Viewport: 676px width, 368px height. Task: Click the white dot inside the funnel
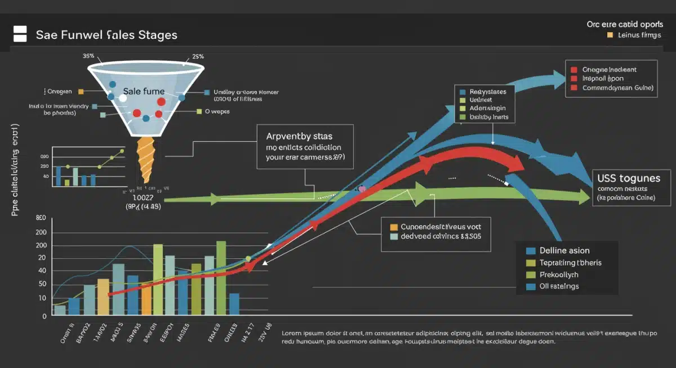[x=123, y=98]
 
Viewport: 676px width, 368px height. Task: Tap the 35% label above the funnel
[x=88, y=56]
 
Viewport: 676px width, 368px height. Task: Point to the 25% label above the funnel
[x=197, y=56]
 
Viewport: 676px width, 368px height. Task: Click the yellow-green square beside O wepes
[x=199, y=112]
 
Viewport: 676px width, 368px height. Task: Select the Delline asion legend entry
[x=564, y=250]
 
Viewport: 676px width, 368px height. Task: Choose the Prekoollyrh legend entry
[x=559, y=275]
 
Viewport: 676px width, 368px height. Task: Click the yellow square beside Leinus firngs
[x=610, y=35]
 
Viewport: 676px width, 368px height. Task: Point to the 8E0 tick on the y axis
[x=41, y=218]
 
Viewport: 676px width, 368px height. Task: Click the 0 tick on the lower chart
[x=44, y=316]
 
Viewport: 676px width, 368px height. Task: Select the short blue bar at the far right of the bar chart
[x=234, y=304]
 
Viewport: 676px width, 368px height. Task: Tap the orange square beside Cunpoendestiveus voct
[x=394, y=227]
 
